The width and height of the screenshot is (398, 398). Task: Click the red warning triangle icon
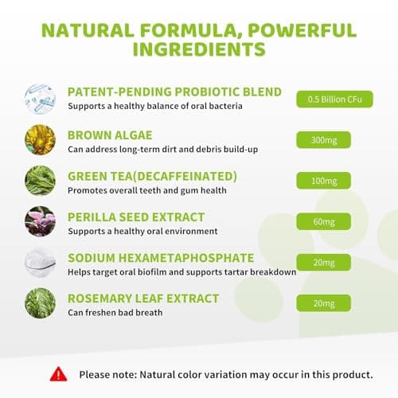point(58,373)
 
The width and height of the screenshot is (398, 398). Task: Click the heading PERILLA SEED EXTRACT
point(136,217)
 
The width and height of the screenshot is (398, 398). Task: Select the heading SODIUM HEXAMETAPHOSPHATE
point(162,258)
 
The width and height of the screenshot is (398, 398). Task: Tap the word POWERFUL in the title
point(293,31)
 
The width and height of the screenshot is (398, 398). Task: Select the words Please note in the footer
point(108,373)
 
